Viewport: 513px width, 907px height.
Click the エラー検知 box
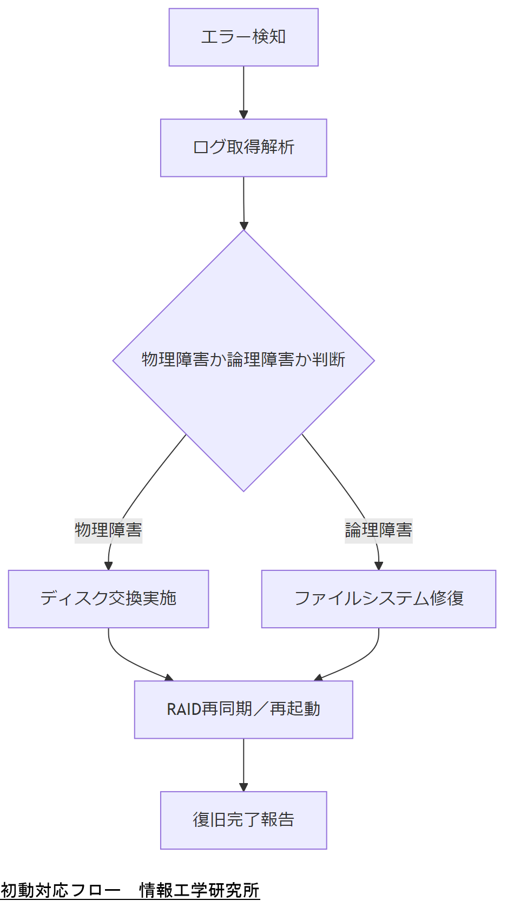click(244, 37)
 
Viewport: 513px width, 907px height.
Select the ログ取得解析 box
click(244, 148)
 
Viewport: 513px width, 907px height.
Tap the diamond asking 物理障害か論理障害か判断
click(244, 360)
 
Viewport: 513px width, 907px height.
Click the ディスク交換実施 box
click(108, 599)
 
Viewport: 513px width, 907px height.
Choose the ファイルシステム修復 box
click(379, 599)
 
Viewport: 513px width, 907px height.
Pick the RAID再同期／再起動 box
click(244, 709)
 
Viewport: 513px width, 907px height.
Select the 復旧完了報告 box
click(244, 820)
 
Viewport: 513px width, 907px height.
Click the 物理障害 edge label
click(108, 530)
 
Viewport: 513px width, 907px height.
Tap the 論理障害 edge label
click(379, 530)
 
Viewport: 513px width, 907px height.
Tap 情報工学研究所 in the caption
click(199, 890)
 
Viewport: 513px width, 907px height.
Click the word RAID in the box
click(184, 709)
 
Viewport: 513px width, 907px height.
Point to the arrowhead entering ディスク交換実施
click(108, 566)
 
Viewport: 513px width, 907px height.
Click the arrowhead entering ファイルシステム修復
click(379, 566)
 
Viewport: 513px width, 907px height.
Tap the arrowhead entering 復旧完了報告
click(244, 787)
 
